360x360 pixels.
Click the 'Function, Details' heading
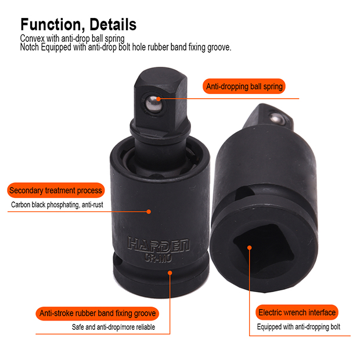click(78, 24)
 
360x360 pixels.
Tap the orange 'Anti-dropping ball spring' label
click(244, 87)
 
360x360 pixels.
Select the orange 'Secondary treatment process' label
click(56, 190)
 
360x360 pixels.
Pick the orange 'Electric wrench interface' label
click(297, 312)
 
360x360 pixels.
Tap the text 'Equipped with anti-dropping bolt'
click(299, 327)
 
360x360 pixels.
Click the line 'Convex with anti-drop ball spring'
click(71, 38)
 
